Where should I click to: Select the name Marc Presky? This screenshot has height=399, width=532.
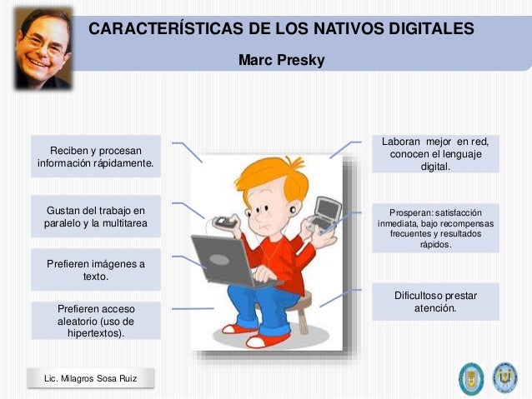coord(281,60)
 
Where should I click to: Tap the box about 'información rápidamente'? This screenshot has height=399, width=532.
coord(95,157)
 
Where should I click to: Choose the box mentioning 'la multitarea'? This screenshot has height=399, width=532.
coord(95,216)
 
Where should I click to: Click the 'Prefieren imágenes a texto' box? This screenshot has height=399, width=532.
coord(95,269)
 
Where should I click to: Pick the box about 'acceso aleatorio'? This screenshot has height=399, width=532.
coord(95,321)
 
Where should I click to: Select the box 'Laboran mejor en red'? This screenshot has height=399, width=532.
coord(434,154)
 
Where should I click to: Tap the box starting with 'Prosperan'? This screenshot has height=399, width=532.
coord(434,228)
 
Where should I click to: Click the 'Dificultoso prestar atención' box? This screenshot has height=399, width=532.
coord(434,302)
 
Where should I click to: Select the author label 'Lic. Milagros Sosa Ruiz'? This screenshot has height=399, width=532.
coord(90,380)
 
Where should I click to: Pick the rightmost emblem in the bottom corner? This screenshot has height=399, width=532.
coord(504,377)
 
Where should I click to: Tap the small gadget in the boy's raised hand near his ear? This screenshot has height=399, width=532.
coord(223,222)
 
